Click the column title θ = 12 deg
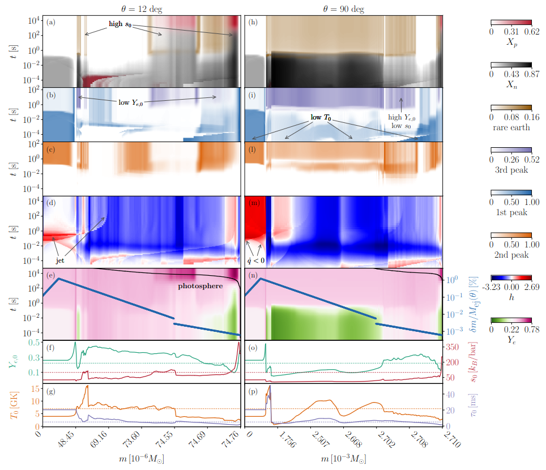(x=140, y=8)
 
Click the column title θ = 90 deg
(x=343, y=8)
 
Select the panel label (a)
(x=52, y=22)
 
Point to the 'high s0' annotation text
(x=120, y=25)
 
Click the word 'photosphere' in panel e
(x=200, y=286)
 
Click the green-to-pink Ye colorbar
(x=510, y=320)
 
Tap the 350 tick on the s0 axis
(x=455, y=347)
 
